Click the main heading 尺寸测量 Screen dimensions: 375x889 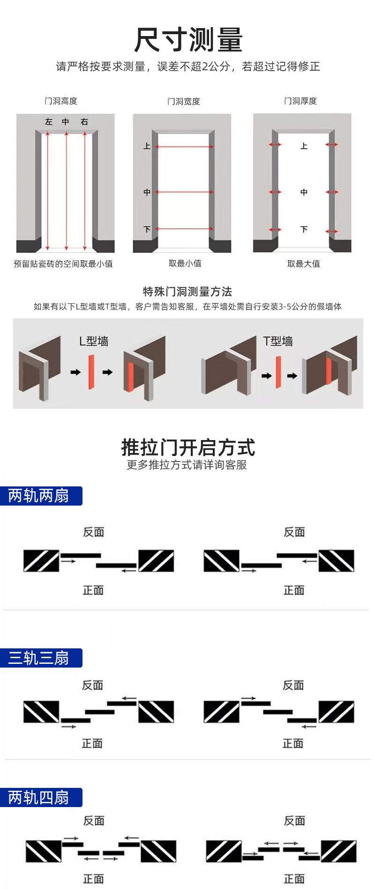tap(188, 40)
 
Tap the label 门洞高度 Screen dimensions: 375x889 tap(61, 101)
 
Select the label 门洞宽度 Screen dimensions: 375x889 tap(184, 101)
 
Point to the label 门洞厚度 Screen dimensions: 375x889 tap(300, 101)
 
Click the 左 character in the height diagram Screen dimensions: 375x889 tap(49, 122)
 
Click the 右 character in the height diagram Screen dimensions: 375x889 tap(84, 122)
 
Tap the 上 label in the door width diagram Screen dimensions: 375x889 tap(147, 147)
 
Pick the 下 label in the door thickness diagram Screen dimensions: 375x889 tap(304, 229)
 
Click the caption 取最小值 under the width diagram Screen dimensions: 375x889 tap(185, 264)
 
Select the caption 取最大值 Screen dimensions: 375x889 tap(304, 264)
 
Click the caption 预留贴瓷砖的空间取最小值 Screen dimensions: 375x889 tap(63, 264)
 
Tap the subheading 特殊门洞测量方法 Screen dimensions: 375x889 tap(187, 292)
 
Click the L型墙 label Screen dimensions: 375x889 tap(94, 341)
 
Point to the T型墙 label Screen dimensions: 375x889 tap(278, 341)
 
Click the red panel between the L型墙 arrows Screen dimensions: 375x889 tap(91, 372)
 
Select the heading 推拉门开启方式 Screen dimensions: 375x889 tap(188, 448)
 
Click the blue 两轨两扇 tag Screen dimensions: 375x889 tap(39, 496)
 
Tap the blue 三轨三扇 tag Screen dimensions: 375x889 tap(39, 658)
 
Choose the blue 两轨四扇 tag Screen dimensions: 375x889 tap(39, 797)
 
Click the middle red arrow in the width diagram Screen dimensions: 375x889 tap(184, 192)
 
